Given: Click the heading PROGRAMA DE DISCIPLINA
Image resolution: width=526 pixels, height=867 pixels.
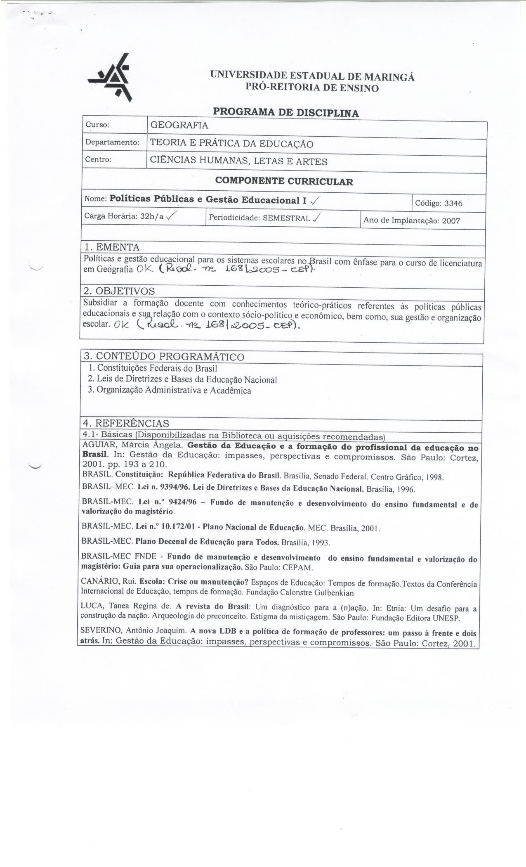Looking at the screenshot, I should [285, 113].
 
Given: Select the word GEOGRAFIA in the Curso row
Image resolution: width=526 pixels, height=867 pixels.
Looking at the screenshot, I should [179, 126].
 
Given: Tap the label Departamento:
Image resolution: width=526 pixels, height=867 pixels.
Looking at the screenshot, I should [111, 143].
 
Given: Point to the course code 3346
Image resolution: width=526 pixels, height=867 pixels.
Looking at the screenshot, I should [451, 203].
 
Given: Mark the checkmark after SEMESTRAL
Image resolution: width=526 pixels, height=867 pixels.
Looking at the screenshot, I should [317, 218].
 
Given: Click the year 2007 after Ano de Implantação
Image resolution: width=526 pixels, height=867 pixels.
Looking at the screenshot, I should [451, 220].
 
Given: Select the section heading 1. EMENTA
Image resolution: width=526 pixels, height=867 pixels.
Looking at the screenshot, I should [112, 247].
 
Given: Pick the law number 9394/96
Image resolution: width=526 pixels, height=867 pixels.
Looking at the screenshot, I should [171, 488].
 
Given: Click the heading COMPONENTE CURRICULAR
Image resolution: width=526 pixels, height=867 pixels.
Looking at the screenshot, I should [284, 181].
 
